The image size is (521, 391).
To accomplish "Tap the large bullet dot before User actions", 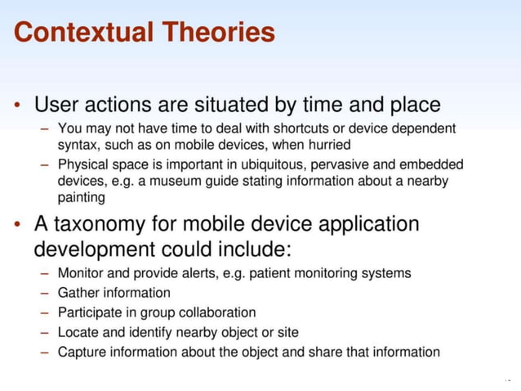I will coord(17,106).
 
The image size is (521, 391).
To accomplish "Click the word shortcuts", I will coord(269,128).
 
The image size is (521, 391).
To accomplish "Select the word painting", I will coord(82,197).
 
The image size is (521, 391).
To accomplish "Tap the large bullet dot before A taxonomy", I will coord(17,225).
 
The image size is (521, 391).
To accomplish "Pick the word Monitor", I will coord(80,272).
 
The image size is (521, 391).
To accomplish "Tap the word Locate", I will coord(77,332).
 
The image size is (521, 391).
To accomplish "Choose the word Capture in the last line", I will coord(81,353).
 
